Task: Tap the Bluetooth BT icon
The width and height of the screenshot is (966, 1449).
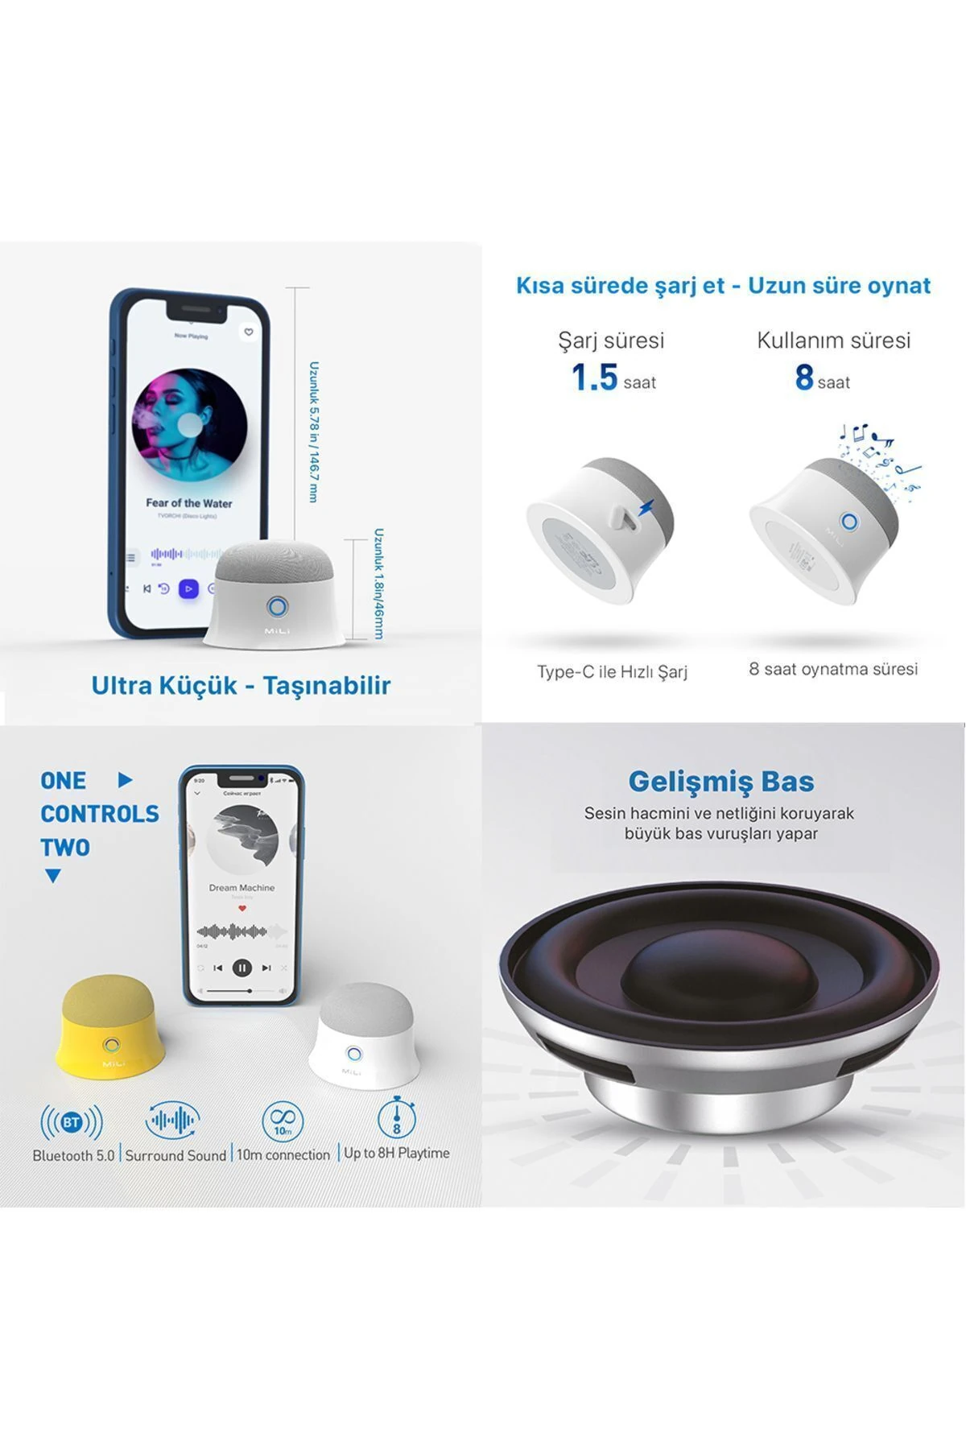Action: [72, 1122]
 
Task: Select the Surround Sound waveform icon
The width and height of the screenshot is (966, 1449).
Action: [172, 1120]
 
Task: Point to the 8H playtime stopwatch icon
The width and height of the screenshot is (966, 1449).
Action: [396, 1118]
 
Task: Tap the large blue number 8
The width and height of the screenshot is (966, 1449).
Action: [804, 377]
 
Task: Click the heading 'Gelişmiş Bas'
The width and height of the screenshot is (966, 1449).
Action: [720, 781]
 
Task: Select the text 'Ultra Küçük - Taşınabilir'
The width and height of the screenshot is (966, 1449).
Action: [241, 685]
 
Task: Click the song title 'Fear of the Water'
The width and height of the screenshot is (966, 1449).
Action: [188, 503]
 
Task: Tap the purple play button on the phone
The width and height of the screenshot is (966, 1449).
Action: [188, 588]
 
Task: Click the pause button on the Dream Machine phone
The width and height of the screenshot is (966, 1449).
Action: [242, 968]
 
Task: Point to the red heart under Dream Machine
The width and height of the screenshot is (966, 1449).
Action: [242, 908]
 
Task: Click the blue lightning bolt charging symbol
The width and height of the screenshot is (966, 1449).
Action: [646, 507]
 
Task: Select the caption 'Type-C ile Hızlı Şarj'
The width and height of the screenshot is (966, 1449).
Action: [612, 671]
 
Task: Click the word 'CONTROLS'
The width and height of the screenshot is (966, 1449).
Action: [100, 814]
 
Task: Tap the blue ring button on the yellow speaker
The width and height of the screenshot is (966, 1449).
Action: [111, 1046]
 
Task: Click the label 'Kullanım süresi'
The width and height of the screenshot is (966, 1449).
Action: [833, 340]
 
